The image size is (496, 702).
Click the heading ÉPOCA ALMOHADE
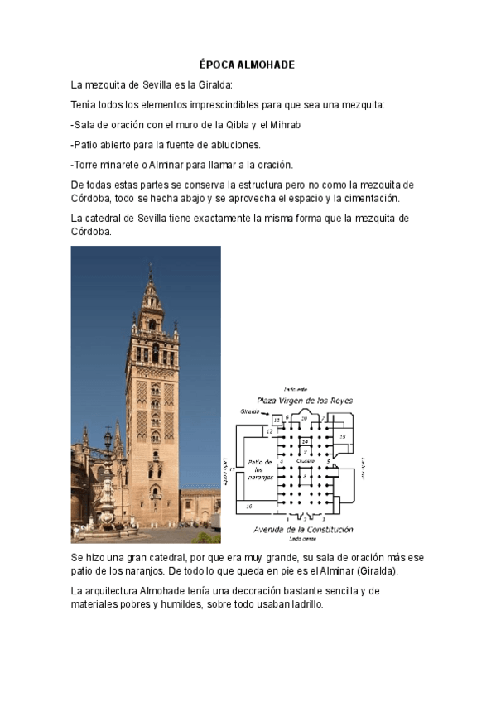[x=248, y=65]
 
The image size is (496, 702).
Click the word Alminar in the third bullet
[x=170, y=165]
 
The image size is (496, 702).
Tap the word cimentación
[x=366, y=199]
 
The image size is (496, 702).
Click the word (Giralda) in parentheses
[x=375, y=571]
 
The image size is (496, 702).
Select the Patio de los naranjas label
[x=262, y=469]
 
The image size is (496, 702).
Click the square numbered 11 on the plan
[x=277, y=421]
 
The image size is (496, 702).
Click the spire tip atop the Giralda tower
[x=151, y=269]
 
